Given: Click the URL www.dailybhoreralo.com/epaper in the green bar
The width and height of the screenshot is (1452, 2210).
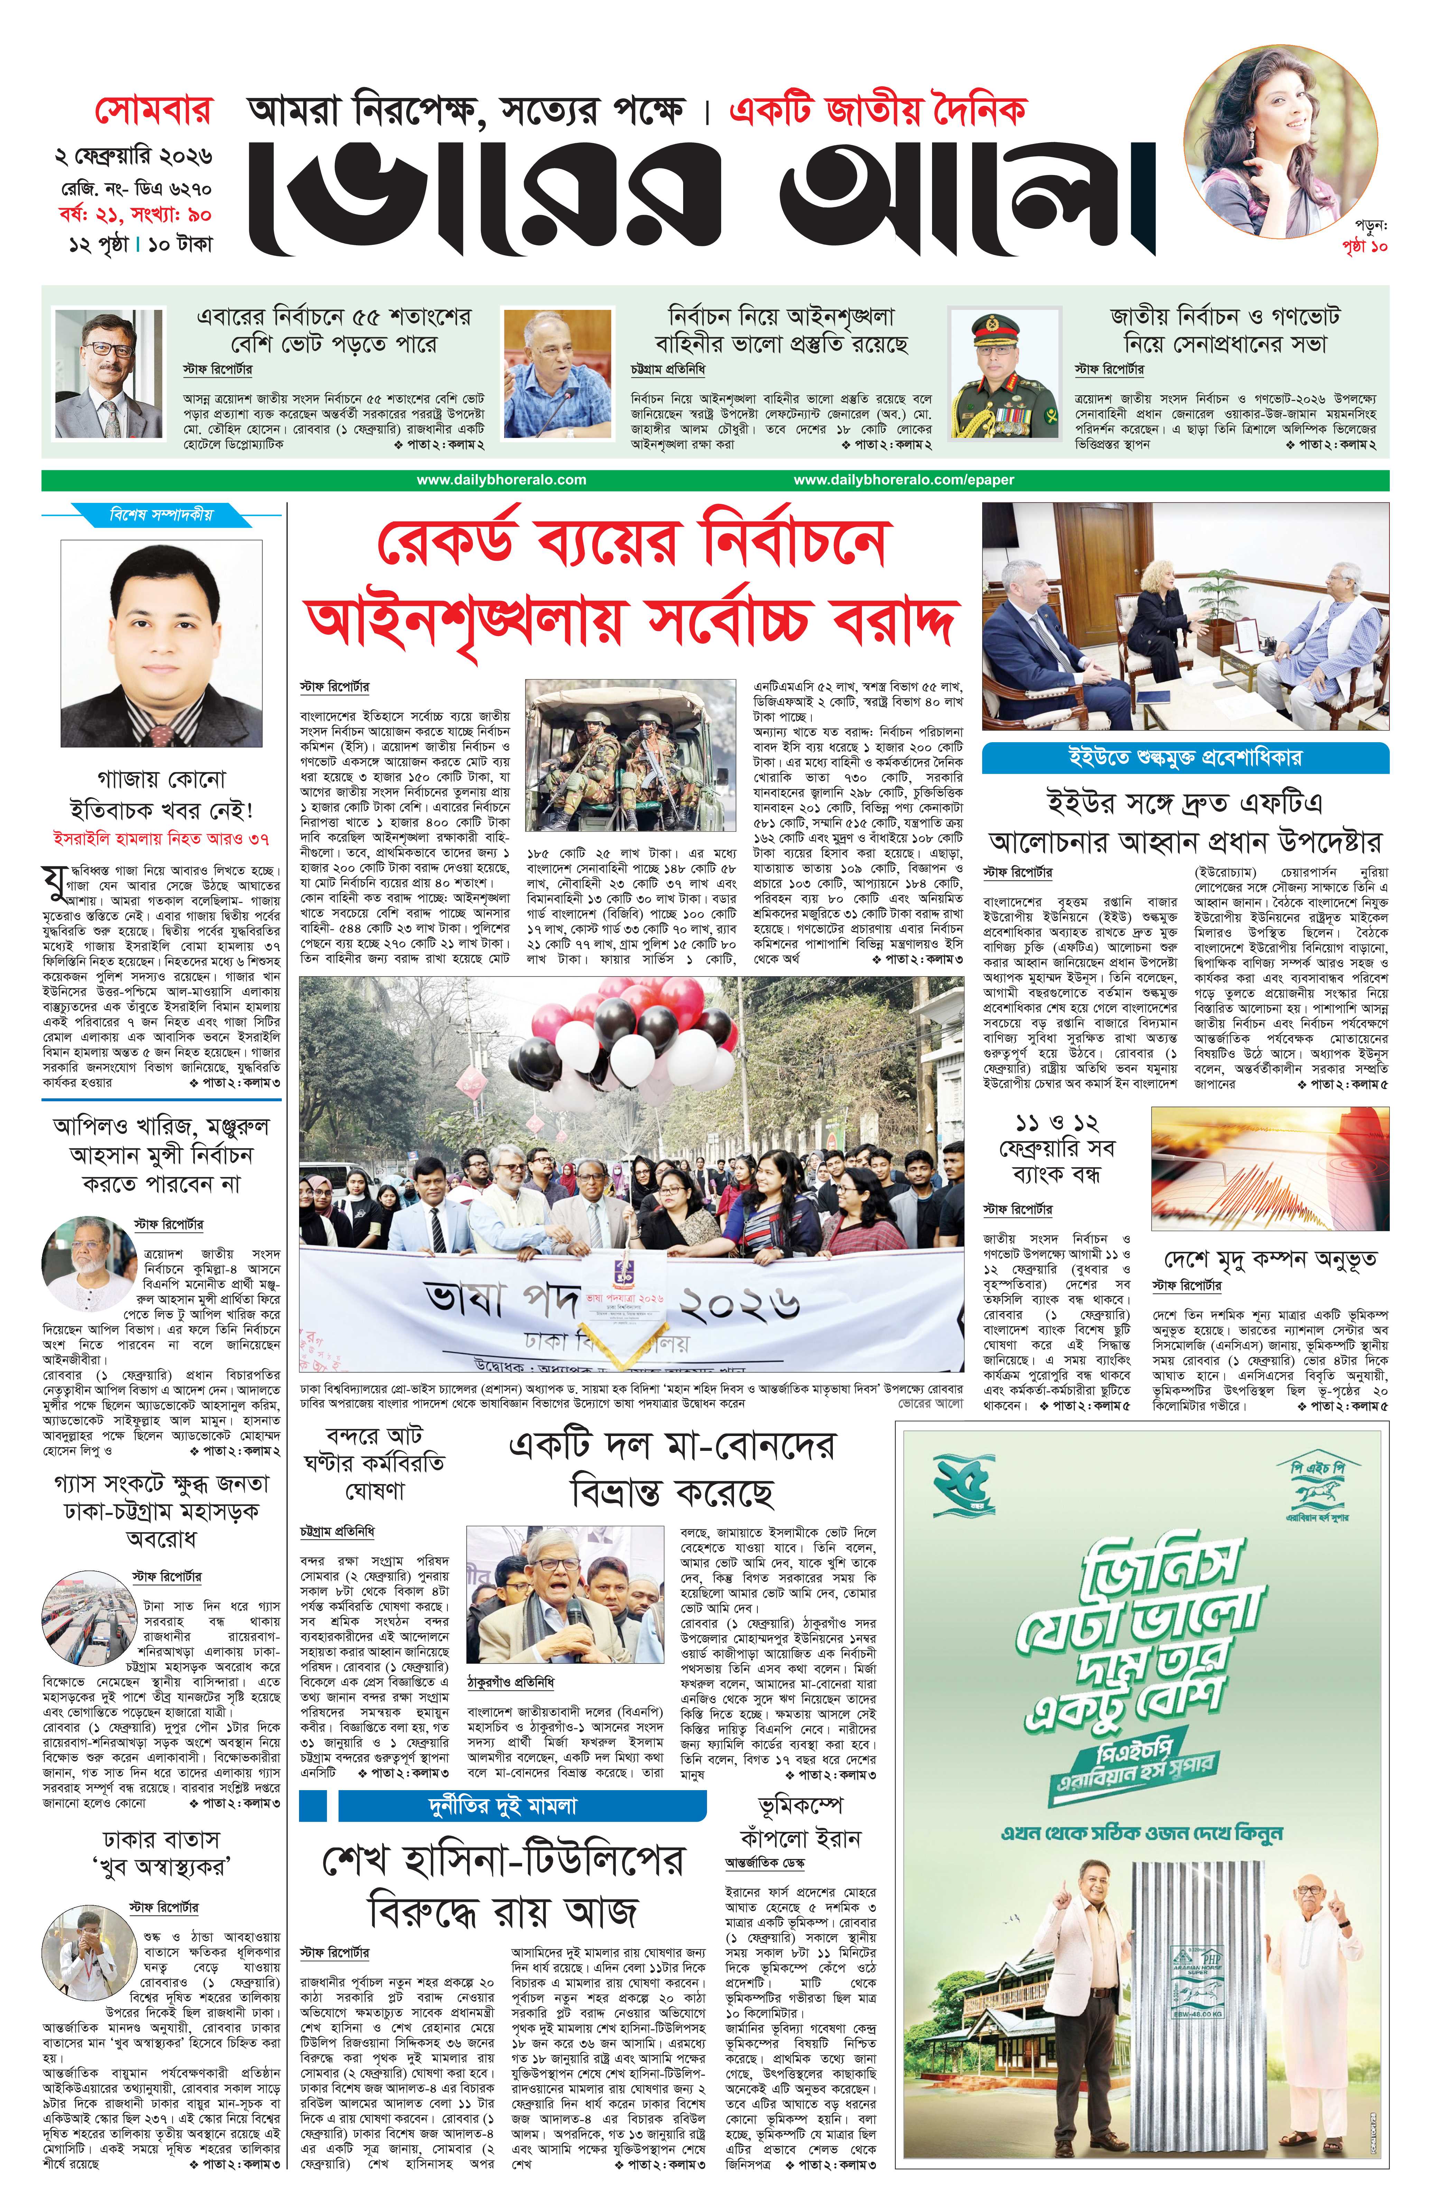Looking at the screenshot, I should tap(903, 480).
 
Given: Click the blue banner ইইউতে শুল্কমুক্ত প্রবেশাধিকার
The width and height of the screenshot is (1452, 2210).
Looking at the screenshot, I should tap(1185, 758).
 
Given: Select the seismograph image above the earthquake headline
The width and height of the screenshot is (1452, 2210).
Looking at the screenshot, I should tap(1269, 1169).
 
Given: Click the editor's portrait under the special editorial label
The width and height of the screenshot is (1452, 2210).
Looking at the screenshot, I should tap(161, 644).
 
